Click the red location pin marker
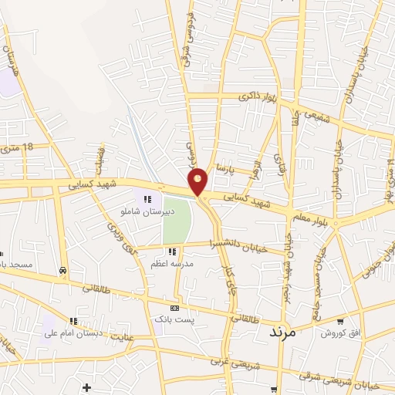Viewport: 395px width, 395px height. coord(199,181)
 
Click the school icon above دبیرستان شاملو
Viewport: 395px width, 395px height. coord(147,199)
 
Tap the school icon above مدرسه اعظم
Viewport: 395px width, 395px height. coord(174,252)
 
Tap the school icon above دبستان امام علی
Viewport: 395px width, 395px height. coord(73,322)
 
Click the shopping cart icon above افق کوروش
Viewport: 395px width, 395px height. coord(340,321)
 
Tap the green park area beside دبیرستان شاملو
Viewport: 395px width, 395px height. coord(176,220)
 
